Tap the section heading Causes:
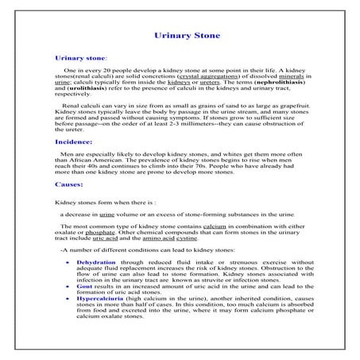point(69,184)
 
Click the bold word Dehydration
point(96,261)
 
